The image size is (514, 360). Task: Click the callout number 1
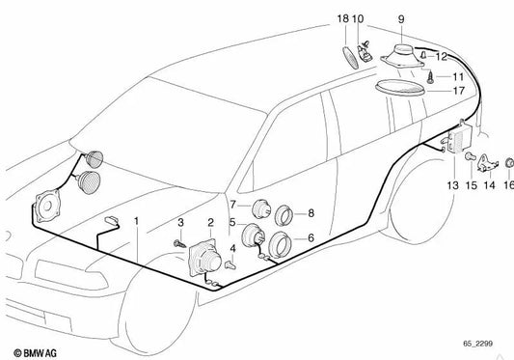tap(136, 221)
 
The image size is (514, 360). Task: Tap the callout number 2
tap(198, 221)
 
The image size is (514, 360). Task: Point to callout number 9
tap(400, 18)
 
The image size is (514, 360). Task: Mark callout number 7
tap(232, 205)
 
